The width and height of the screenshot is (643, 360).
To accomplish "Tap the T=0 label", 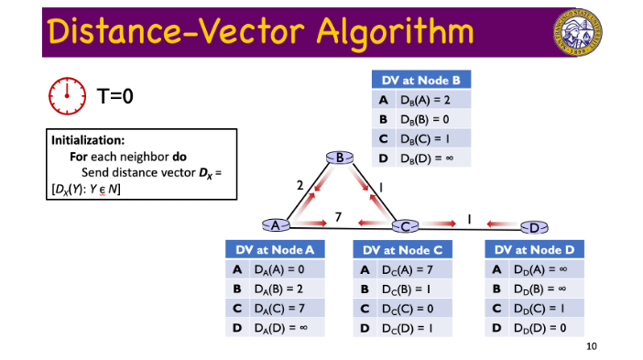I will (116, 94).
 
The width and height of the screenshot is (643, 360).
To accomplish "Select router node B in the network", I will (340, 158).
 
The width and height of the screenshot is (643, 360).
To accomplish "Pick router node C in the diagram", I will (404, 225).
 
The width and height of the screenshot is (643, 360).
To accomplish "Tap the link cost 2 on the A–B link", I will (300, 186).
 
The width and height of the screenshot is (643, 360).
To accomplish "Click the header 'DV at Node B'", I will (420, 81).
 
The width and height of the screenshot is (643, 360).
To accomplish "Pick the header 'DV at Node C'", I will (402, 249).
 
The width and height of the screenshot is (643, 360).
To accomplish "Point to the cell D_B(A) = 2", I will (430, 100).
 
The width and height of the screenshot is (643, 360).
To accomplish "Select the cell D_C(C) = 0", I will (410, 308).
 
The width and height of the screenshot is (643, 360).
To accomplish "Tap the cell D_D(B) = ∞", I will (543, 289).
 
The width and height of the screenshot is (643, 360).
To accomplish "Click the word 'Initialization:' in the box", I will (87, 141).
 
